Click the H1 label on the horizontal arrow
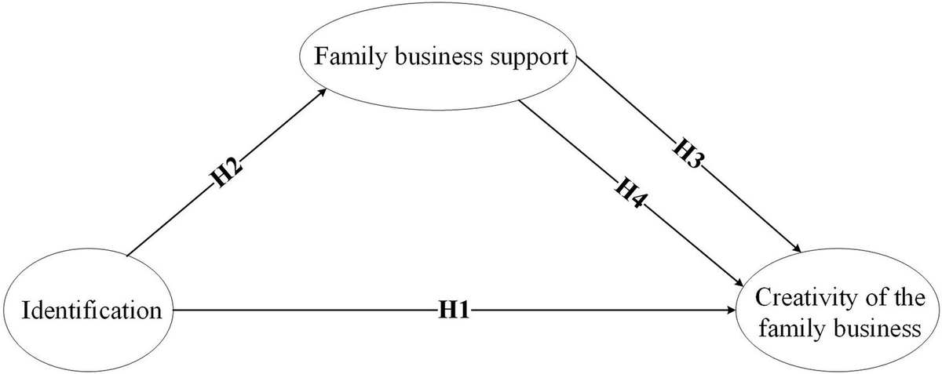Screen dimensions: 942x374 coord(455,311)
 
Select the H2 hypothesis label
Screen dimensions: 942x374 coord(226,173)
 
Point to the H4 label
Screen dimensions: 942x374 coord(630,194)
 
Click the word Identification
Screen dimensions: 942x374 coord(92,311)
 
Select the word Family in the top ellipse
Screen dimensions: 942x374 coord(350,57)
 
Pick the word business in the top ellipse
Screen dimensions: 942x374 coord(438,56)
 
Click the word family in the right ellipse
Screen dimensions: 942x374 coord(792,329)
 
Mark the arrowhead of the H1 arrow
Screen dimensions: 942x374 coord(731,311)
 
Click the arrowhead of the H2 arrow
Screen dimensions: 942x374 coord(322,92)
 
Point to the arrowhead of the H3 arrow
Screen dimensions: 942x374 coord(796,249)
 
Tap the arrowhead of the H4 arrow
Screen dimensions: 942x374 coord(738,282)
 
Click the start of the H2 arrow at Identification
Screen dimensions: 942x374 coord(127,255)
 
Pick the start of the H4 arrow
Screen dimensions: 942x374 coord(518,100)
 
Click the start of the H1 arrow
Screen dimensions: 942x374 coord(173,311)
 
